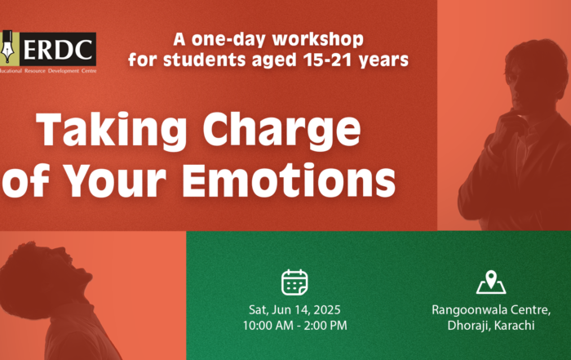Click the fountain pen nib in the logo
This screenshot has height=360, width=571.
[x=7, y=47]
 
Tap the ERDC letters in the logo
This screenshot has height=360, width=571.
[x=58, y=49]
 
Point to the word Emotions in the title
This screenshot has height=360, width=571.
[x=289, y=180]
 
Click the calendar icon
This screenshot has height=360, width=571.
[x=294, y=282]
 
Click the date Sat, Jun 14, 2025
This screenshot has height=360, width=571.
[x=294, y=309]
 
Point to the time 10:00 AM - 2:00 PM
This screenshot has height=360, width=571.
[x=295, y=326]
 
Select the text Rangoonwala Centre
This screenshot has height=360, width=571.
[x=490, y=309]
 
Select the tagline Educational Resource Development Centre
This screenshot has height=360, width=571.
[x=48, y=71]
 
